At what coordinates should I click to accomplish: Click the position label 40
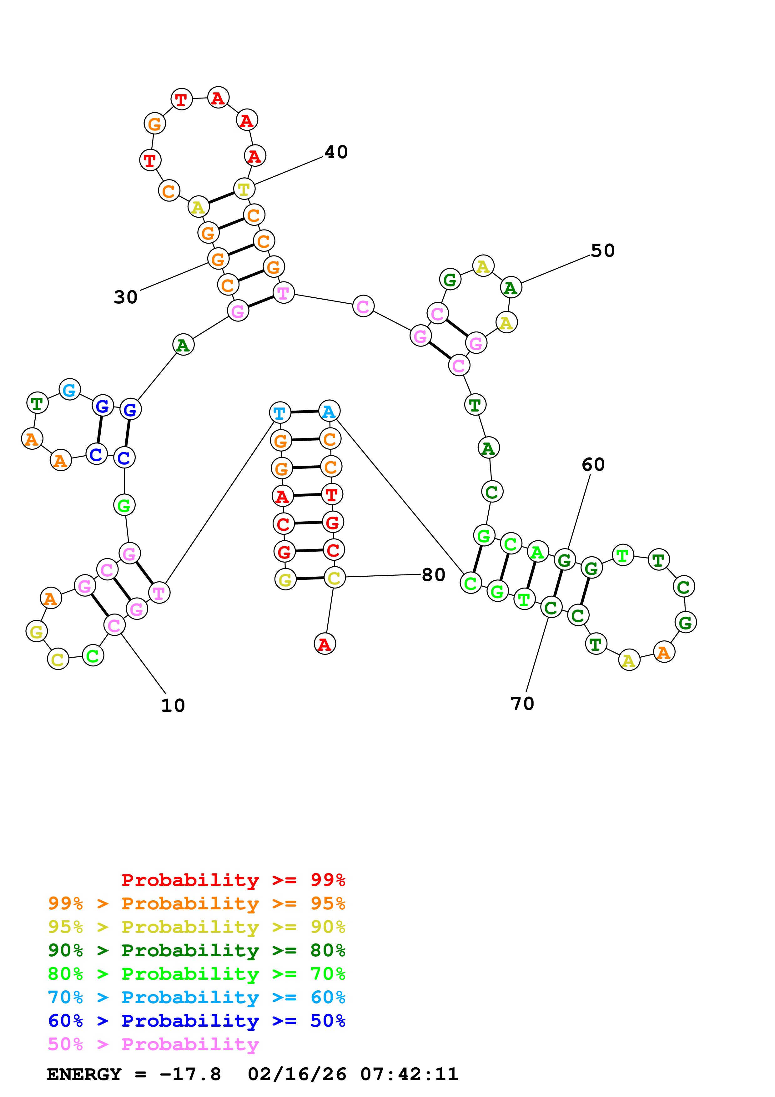pyautogui.click(x=336, y=152)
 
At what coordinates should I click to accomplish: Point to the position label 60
pyautogui.click(x=593, y=464)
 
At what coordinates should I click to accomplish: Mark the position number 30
pyautogui.click(x=126, y=297)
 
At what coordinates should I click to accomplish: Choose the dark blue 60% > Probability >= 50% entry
pyautogui.click(x=196, y=1021)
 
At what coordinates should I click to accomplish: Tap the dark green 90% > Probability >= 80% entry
pyautogui.click(x=196, y=950)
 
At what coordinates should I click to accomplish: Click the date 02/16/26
pyautogui.click(x=297, y=1074)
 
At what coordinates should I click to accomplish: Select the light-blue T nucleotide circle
pyautogui.click(x=280, y=412)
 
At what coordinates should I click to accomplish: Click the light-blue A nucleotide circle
pyautogui.click(x=329, y=411)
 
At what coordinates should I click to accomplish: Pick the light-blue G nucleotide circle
pyautogui.click(x=70, y=389)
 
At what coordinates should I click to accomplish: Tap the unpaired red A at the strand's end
pyautogui.click(x=325, y=644)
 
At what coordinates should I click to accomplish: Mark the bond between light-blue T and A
pyautogui.click(x=304, y=412)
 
